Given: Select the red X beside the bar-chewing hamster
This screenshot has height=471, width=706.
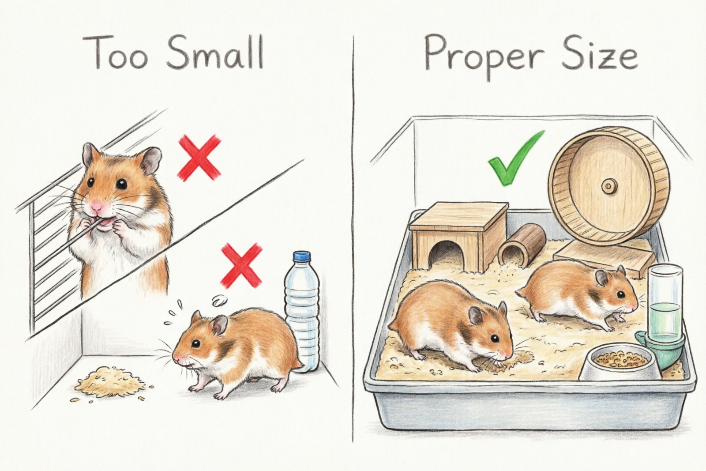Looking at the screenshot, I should pos(199,158).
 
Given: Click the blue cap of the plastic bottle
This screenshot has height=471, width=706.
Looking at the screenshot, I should pos(302,256).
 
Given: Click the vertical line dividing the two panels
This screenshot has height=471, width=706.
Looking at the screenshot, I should pos(353,234).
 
